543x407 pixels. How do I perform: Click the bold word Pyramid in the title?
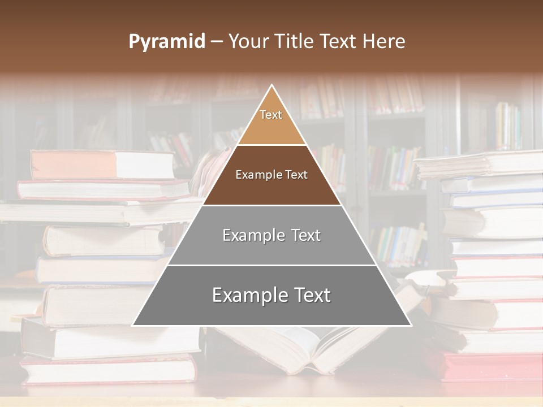coord(167,42)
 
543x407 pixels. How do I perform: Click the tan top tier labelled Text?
coord(271,122)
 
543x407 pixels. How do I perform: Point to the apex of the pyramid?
coord(272,86)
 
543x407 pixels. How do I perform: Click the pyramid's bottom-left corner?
coord(133,325)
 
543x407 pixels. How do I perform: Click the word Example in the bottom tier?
coord(246,295)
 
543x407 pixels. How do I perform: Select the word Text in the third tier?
coord(302,235)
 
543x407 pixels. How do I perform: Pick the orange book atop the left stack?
coord(102,164)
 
